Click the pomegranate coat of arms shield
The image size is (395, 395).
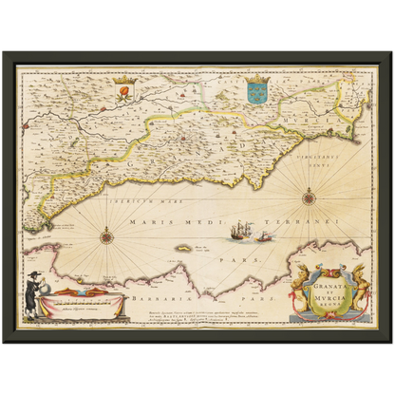(x=122, y=94)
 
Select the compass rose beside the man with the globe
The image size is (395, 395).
(x=107, y=235)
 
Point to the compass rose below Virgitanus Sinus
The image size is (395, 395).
(x=309, y=197)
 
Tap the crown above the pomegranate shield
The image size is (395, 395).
(x=122, y=83)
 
